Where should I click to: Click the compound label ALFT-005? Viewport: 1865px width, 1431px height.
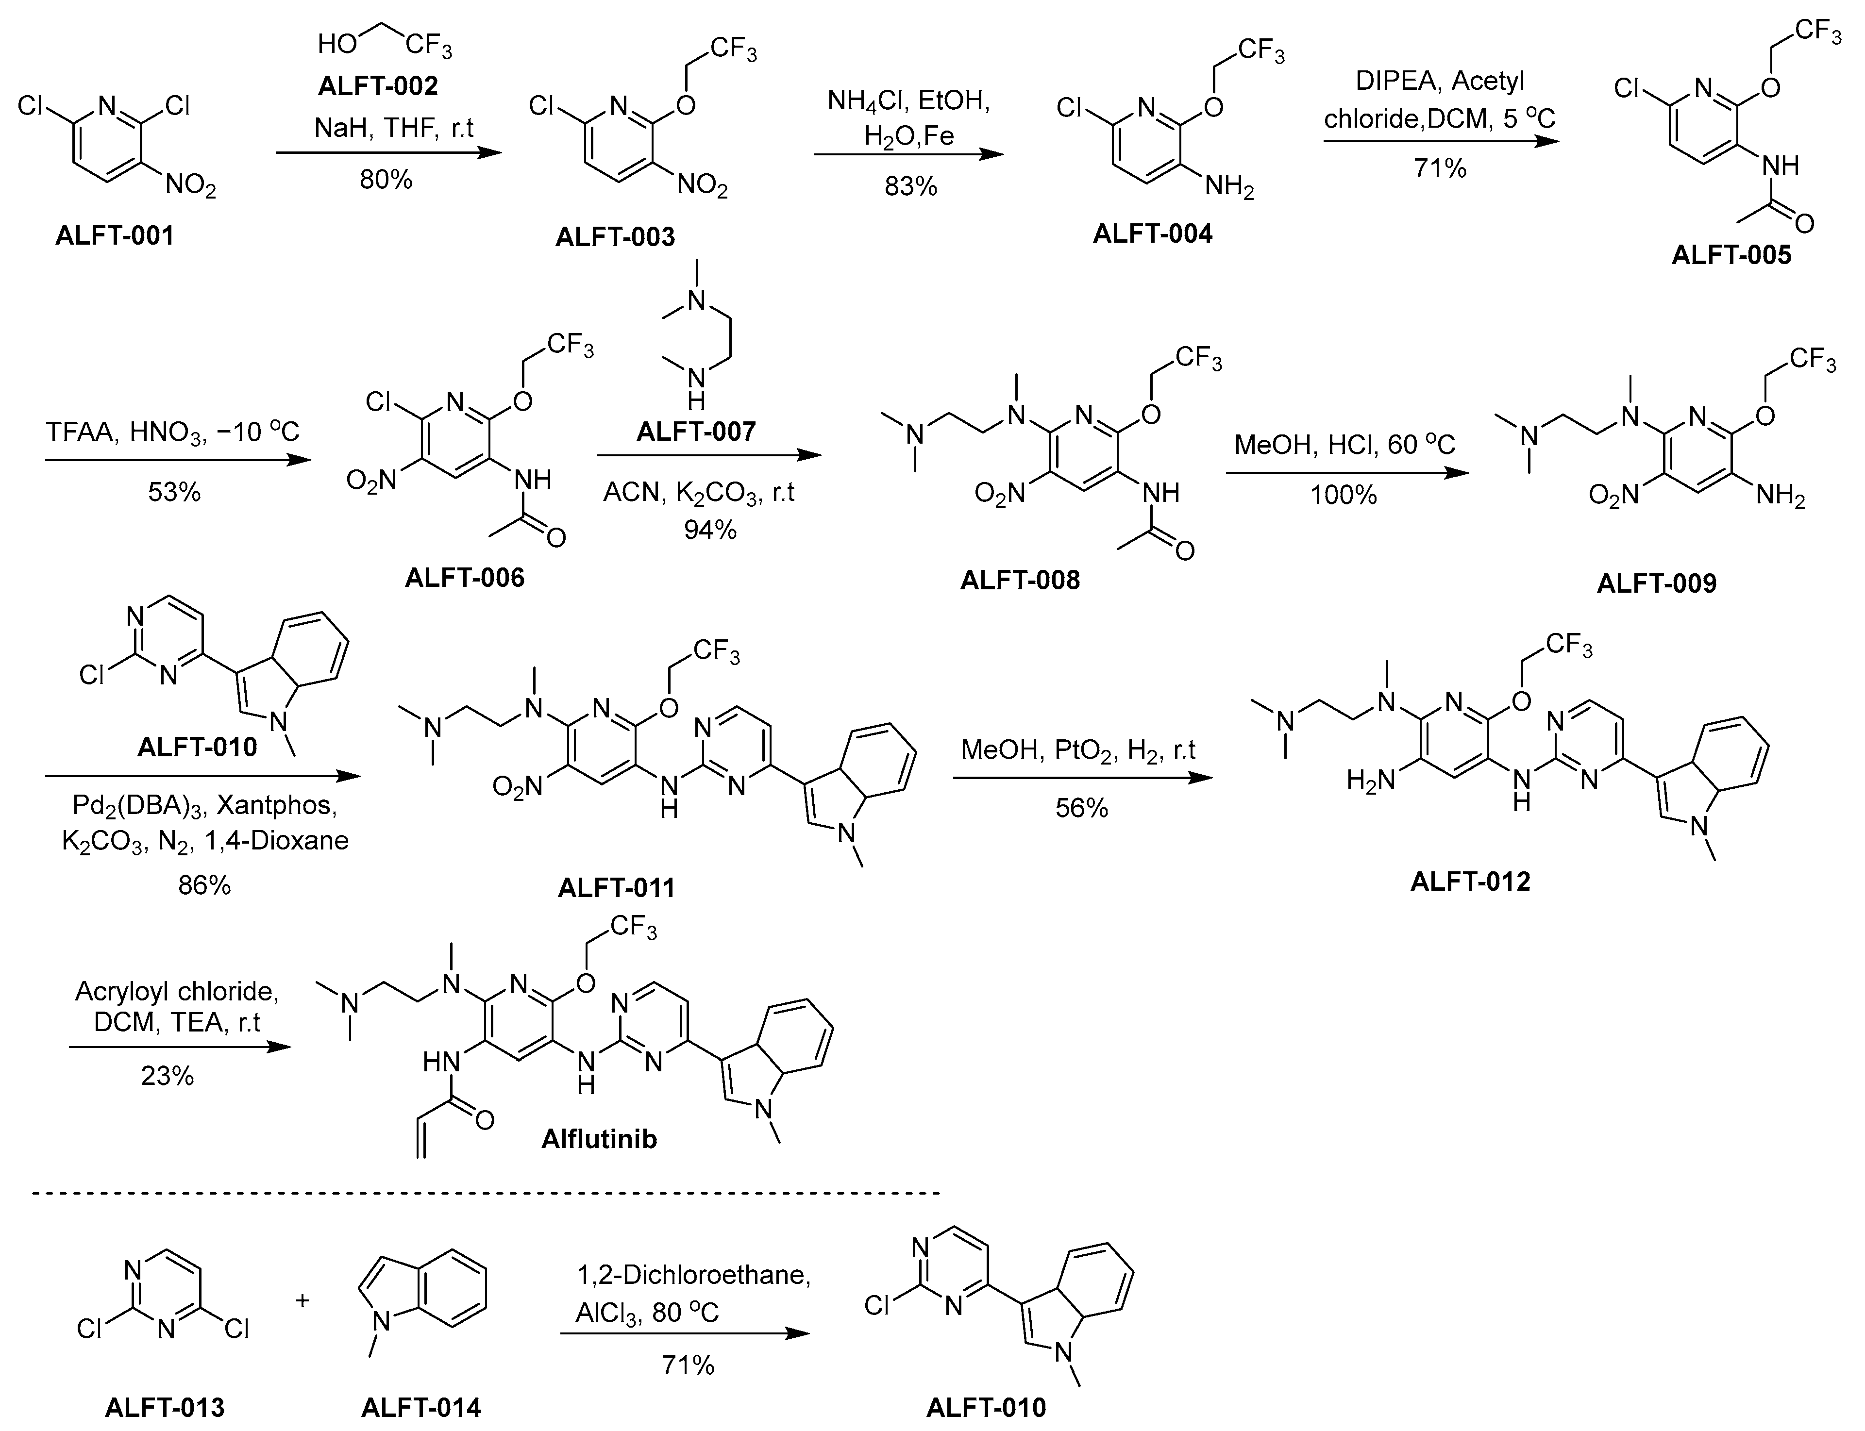pyautogui.click(x=1731, y=255)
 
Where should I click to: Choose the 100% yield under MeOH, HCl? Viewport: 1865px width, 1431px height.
pyautogui.click(x=1344, y=495)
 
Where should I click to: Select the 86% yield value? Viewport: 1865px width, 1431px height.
pyautogui.click(x=204, y=886)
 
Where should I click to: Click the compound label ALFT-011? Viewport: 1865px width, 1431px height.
pyautogui.click(x=616, y=887)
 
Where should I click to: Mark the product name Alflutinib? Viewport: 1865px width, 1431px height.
pyautogui.click(x=599, y=1139)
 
